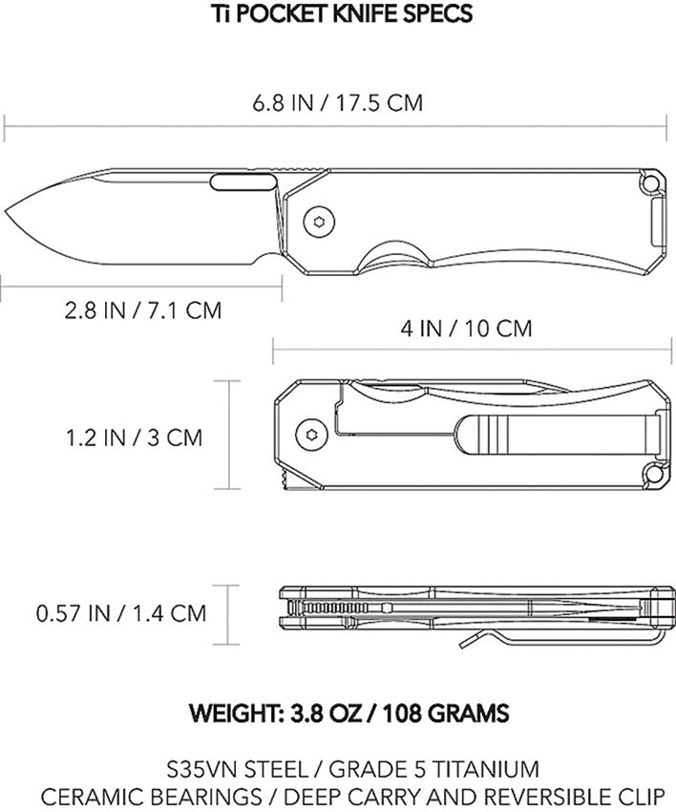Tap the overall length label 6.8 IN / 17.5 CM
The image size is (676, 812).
click(x=337, y=102)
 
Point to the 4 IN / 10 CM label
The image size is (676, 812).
click(x=466, y=329)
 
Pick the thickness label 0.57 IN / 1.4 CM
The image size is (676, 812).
click(x=121, y=612)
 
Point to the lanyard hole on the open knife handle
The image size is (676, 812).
click(x=653, y=182)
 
